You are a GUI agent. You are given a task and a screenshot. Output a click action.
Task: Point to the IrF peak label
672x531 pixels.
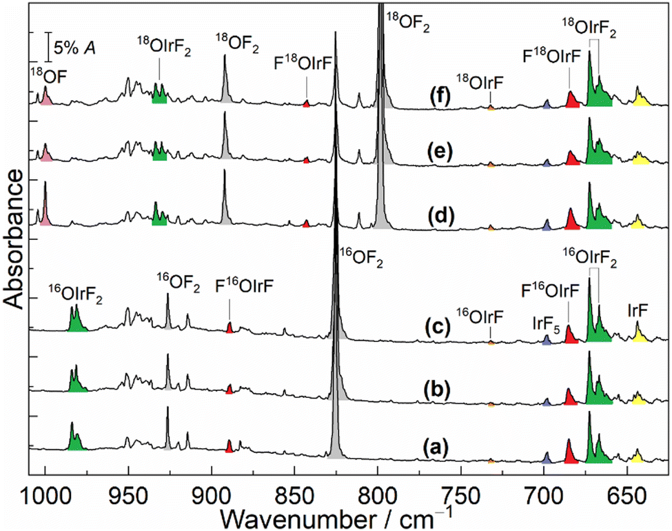coord(638,310)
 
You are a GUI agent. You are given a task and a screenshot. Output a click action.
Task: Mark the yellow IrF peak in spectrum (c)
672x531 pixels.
coord(638,336)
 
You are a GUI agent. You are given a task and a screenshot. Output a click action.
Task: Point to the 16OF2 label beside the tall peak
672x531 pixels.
coord(362,261)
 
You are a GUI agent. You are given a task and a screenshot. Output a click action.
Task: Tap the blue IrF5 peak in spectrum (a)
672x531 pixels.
coord(547,458)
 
